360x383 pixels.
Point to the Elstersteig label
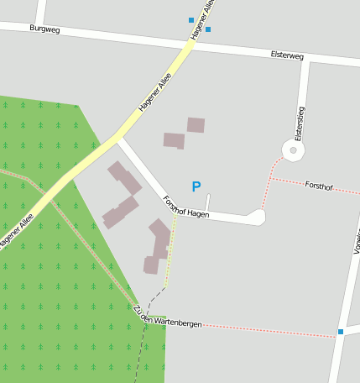pos(300,123)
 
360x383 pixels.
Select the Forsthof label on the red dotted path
pos(319,185)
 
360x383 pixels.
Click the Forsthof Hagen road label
pos(185,207)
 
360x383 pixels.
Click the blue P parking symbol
pos(196,186)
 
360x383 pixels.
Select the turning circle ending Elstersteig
pos(293,151)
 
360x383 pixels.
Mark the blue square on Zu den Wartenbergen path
pos(341,332)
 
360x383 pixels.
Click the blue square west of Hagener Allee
pos(191,19)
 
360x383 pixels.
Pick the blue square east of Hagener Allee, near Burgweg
pos(208,29)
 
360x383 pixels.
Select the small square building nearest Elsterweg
pos(196,125)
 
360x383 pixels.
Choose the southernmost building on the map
pos(151,265)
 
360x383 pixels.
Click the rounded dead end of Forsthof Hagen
pos(257,218)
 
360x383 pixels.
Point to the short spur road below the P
pos(208,202)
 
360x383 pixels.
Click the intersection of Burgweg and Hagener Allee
pos(190,40)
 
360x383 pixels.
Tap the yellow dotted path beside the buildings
pos(170,252)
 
